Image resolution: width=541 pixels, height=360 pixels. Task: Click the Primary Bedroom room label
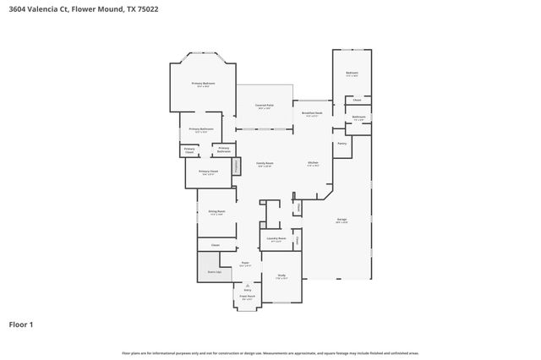pos(203,84)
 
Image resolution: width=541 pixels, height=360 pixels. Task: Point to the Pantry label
pos(342,144)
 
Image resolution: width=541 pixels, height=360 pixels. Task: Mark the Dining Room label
pos(216,212)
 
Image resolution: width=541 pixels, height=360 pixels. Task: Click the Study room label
pos(281,275)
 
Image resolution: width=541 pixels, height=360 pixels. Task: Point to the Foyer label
pos(245,265)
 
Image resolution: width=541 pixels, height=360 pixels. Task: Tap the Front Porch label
pos(247,297)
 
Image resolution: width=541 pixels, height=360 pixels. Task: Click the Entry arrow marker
pos(247,286)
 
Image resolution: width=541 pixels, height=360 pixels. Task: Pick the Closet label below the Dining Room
pos(216,245)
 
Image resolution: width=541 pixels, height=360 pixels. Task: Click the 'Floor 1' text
pos(21,325)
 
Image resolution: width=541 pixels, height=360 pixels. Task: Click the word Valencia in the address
pos(51,8)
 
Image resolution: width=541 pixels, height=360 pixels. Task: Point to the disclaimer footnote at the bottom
pos(270,352)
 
